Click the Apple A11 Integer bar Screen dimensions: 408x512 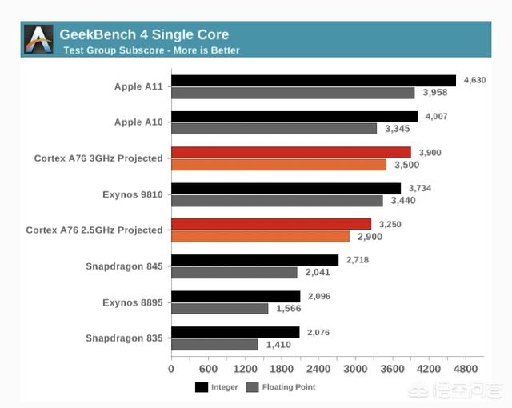(313, 81)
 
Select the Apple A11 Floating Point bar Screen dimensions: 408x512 (293, 93)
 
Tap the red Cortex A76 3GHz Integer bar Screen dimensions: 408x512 (290, 152)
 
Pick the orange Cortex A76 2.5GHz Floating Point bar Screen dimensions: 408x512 (260, 237)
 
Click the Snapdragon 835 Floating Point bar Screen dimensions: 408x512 (214, 344)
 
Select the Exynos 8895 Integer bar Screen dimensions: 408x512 (235, 296)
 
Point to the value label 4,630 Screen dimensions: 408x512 (474, 80)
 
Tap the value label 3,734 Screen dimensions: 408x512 (419, 189)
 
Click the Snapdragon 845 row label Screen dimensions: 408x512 (124, 266)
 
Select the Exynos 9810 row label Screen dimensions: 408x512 (132, 194)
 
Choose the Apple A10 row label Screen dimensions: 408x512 (138, 122)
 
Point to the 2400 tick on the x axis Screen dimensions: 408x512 (318, 370)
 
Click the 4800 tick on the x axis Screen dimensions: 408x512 (466, 370)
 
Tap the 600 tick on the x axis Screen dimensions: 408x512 (208, 370)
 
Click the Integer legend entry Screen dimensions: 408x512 (215, 387)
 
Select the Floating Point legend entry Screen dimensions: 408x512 (279, 387)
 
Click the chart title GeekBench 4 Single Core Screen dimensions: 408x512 (144, 34)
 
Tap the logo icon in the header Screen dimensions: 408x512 (38, 39)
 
